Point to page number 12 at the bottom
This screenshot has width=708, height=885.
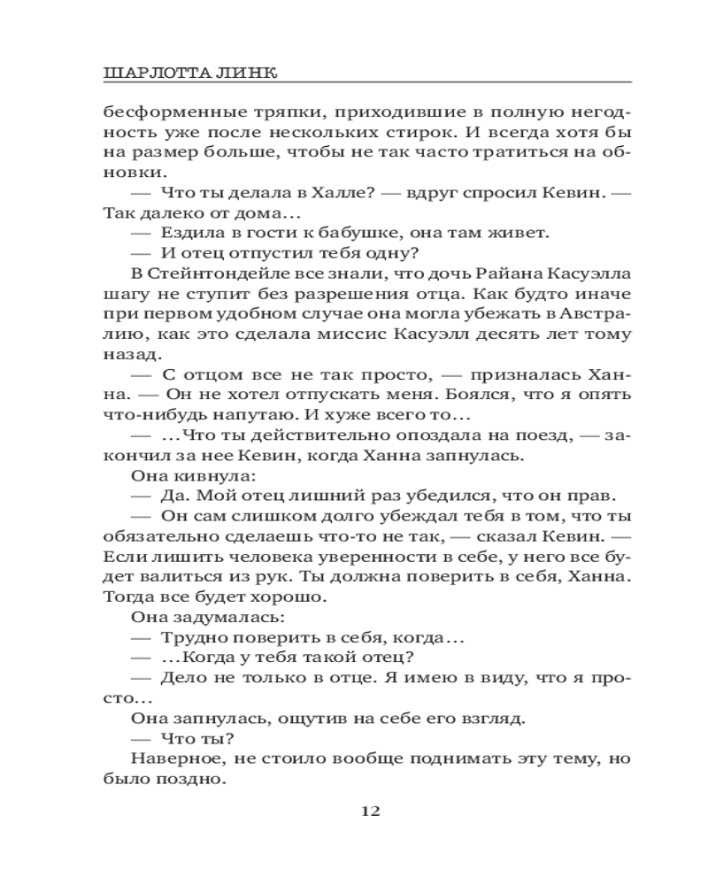(x=370, y=811)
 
